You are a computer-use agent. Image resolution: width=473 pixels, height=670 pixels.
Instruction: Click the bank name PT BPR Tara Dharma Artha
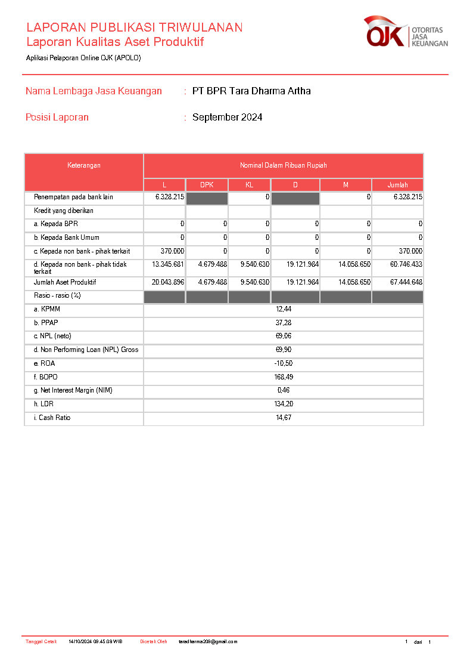coord(251,91)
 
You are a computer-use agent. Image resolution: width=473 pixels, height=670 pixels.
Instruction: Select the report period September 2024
coord(227,118)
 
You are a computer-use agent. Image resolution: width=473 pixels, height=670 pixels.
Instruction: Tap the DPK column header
coord(207,185)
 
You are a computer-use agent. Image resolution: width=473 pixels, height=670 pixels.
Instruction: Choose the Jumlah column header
coord(397,185)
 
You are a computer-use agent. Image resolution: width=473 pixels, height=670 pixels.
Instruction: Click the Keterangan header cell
coord(84,166)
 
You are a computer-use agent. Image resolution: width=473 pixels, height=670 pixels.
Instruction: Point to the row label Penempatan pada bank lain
coord(73,197)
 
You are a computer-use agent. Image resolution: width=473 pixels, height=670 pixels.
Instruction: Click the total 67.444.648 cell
coord(404,282)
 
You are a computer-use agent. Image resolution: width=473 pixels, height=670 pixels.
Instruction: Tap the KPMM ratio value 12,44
coord(284,309)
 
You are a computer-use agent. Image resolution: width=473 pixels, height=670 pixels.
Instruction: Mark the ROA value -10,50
coord(284,363)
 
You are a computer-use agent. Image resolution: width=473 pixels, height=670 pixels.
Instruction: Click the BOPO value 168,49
coord(284,377)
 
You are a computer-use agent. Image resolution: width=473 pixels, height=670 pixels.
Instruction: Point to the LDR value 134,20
coord(284,405)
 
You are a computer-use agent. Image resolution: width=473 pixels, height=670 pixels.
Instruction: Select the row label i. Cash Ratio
coord(52,418)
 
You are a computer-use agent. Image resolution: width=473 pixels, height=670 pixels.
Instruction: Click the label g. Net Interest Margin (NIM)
coord(73,391)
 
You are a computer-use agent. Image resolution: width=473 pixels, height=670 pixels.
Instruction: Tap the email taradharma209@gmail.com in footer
coord(208,642)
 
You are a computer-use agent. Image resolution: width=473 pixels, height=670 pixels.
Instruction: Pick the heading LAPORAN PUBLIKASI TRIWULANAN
coord(134,27)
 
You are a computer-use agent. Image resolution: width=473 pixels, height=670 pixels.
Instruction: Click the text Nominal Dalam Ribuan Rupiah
coord(284,165)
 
